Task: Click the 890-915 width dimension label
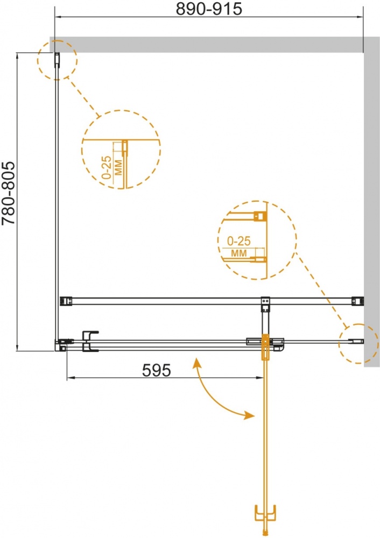click(209, 9)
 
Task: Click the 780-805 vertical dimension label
click(9, 193)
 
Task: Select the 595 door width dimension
click(156, 370)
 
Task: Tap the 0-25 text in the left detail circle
click(107, 167)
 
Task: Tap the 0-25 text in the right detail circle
click(239, 241)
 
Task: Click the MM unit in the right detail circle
click(239, 253)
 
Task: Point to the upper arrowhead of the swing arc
click(196, 362)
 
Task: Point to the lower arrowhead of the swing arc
click(250, 415)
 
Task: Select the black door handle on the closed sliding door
click(90, 341)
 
